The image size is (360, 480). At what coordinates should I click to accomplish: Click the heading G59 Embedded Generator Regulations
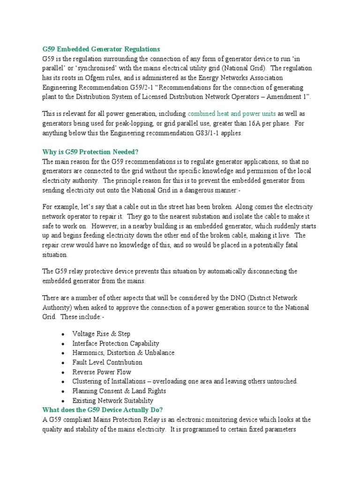click(x=101, y=49)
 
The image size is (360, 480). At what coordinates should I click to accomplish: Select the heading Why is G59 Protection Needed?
click(x=91, y=152)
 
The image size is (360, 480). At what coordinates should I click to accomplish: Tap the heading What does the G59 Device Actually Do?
click(x=103, y=410)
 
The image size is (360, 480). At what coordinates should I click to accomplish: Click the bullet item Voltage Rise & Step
click(x=101, y=334)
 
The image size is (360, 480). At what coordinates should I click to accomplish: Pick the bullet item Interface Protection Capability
click(x=115, y=344)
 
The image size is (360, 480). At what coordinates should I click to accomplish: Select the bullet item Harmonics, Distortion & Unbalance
click(x=123, y=353)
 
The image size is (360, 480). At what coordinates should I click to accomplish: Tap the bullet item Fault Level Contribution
click(x=107, y=362)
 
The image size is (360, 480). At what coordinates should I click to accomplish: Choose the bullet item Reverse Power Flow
click(x=102, y=372)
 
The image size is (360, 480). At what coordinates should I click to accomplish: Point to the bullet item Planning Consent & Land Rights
click(x=119, y=391)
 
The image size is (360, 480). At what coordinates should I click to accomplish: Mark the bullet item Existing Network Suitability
click(x=112, y=401)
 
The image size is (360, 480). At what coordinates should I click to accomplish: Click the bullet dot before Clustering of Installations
click(x=63, y=382)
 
